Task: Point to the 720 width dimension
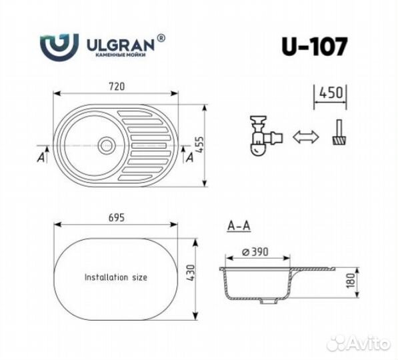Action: click(x=119, y=86)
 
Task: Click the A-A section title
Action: click(x=238, y=226)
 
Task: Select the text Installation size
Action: click(x=115, y=276)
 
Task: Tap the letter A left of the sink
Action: click(x=42, y=157)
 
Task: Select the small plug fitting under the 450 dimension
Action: click(x=340, y=133)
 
